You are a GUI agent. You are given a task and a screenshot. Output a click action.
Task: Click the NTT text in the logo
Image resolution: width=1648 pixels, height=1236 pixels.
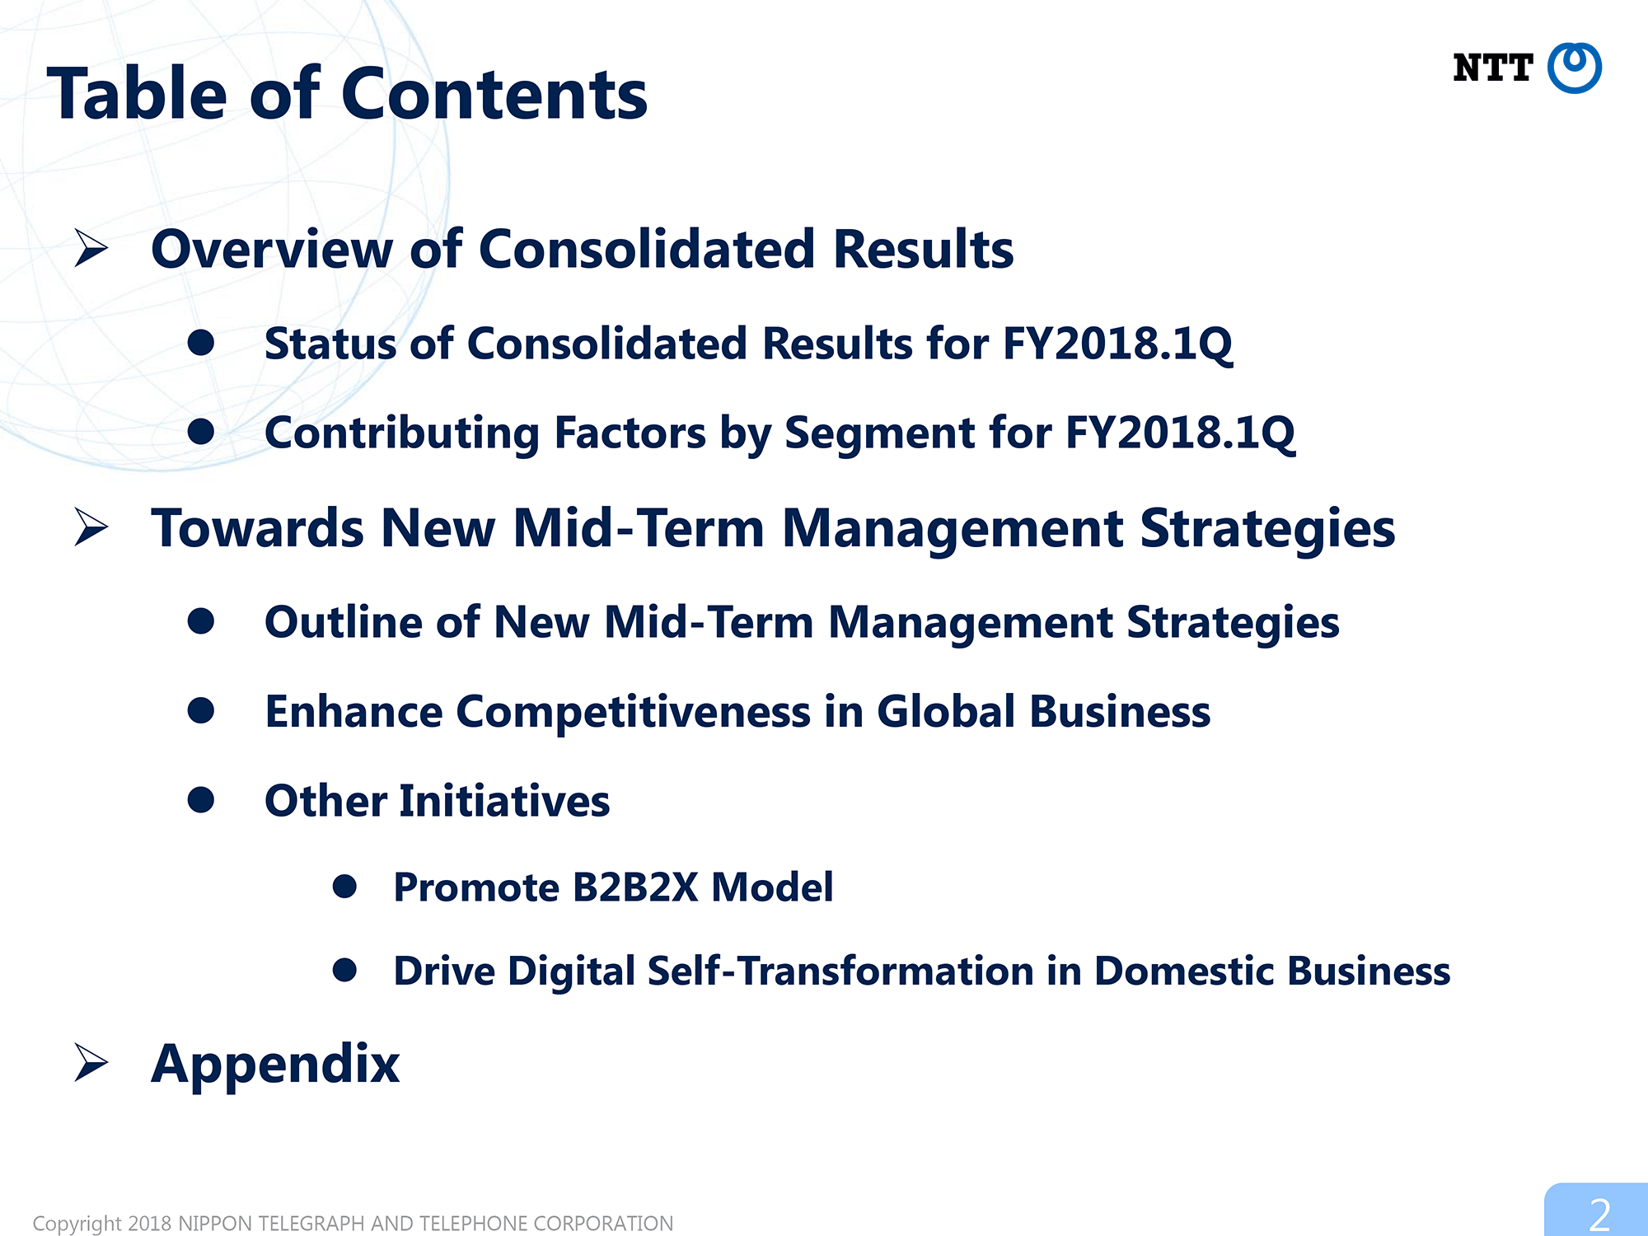1492,68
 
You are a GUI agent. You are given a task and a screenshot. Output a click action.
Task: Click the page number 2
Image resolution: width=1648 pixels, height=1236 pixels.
1599,1215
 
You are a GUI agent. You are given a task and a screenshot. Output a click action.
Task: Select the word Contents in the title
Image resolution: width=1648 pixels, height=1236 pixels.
494,94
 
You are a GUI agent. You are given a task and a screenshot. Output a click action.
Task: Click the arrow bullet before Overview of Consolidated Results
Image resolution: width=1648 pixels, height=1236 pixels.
91,248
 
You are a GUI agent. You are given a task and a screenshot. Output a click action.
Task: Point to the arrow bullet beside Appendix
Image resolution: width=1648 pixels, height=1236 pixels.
91,1062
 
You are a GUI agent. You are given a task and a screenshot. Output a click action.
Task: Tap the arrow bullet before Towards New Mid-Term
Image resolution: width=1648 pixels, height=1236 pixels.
91,527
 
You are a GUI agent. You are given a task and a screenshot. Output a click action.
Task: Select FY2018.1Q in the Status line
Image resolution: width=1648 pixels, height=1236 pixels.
1117,344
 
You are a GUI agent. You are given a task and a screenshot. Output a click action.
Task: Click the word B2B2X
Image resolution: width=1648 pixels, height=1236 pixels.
634,887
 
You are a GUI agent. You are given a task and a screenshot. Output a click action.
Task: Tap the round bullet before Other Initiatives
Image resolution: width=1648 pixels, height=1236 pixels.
201,799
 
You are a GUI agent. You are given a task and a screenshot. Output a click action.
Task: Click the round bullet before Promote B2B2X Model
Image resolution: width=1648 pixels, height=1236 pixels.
344,886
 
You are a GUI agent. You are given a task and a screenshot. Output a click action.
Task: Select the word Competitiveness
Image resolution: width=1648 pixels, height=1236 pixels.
633,713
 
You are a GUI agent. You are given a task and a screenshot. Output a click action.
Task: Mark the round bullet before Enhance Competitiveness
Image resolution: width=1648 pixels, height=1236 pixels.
201,710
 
